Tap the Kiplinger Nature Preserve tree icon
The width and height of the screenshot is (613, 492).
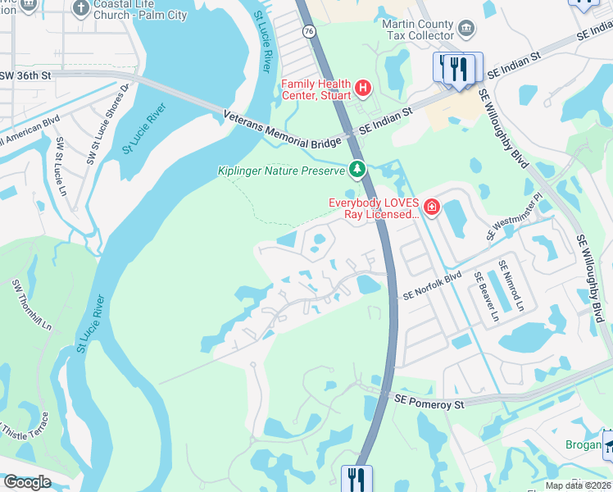pos(356,170)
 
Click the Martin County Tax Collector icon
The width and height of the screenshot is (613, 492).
pos(465,30)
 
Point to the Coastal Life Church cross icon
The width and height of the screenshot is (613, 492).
pos(80,8)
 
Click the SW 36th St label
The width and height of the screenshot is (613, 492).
pos(26,75)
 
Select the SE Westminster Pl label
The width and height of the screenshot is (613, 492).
pos(514,218)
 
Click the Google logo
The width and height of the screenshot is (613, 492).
pos(26,482)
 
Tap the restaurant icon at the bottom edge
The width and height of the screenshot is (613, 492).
pos(356,478)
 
